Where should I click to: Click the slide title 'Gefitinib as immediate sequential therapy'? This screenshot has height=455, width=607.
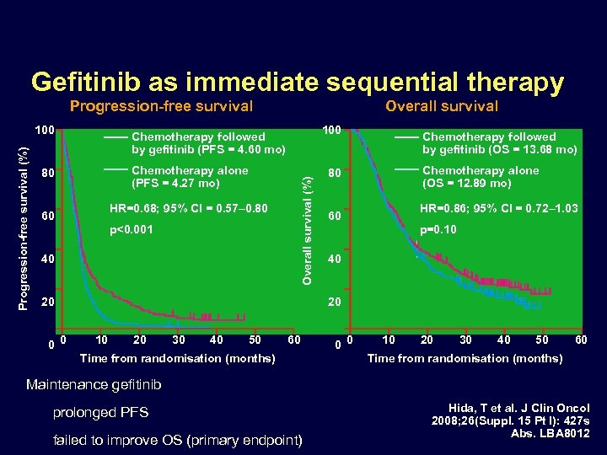click(297, 82)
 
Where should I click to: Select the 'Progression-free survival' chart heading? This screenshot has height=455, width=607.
click(161, 106)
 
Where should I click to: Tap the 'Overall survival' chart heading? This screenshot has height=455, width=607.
click(441, 106)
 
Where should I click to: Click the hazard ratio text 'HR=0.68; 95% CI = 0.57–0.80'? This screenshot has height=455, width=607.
click(189, 208)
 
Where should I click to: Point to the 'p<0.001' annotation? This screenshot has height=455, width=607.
click(132, 229)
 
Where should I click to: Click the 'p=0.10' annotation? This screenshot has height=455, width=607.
click(438, 229)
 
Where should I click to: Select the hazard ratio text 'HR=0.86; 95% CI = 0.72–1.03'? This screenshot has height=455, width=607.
click(498, 208)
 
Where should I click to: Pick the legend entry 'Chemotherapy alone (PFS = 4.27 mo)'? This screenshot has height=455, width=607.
click(190, 177)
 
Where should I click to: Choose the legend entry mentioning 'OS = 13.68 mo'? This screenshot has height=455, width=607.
click(499, 143)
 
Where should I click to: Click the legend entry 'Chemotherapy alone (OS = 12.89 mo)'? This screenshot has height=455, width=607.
click(480, 177)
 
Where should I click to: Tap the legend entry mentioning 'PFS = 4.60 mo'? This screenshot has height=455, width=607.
click(208, 143)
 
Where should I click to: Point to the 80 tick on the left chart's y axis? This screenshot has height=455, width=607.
click(48, 174)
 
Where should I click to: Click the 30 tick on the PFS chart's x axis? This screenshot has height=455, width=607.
click(179, 340)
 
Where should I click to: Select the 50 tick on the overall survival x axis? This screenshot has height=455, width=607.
click(541, 340)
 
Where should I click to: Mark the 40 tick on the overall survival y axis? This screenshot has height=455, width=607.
click(335, 259)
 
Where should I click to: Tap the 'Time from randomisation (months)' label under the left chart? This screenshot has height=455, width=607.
click(177, 359)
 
